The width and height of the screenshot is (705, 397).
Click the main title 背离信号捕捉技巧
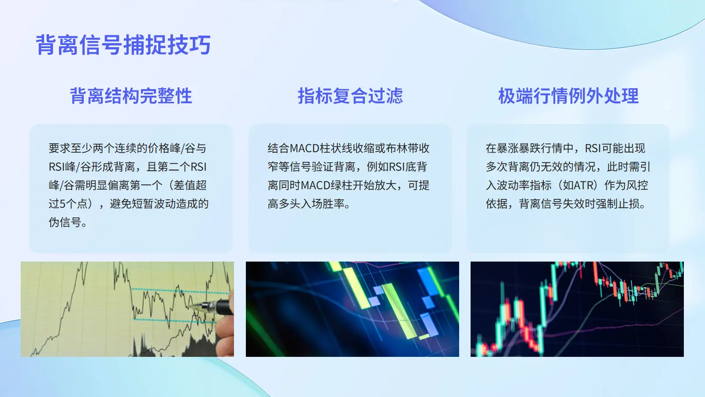click(123, 45)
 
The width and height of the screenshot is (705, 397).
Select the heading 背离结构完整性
click(131, 96)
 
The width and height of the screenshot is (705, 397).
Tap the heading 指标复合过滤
click(350, 96)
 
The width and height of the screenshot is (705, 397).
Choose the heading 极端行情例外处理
click(568, 96)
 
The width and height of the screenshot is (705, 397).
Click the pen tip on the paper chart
click(190, 306)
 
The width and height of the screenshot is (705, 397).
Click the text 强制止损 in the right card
click(617, 204)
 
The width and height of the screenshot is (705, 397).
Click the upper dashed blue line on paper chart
click(181, 291)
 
